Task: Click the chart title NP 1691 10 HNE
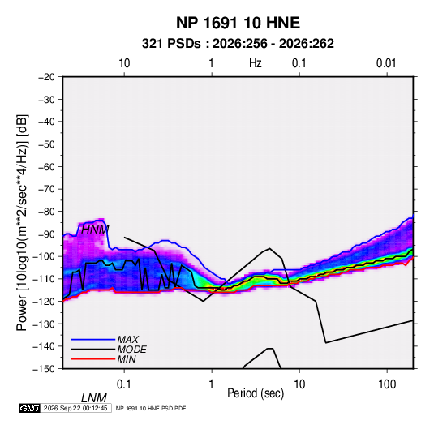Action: pyautogui.click(x=238, y=23)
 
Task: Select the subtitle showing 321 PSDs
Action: pyautogui.click(x=238, y=44)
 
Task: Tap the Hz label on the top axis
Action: pyautogui.click(x=256, y=63)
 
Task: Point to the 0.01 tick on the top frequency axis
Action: pyautogui.click(x=386, y=63)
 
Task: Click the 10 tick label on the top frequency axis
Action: pyautogui.click(x=124, y=63)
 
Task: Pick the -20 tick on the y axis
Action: pyautogui.click(x=46, y=77)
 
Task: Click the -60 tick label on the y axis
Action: pyautogui.click(x=46, y=166)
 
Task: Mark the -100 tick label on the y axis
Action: pyautogui.click(x=44, y=256)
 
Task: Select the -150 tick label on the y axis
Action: pyautogui.click(x=44, y=369)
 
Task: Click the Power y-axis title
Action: pyautogui.click(x=22, y=223)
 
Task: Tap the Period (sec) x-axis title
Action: pyautogui.click(x=256, y=393)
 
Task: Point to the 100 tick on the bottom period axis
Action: pyautogui.click(x=387, y=384)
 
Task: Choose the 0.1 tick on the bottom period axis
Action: pyautogui.click(x=124, y=384)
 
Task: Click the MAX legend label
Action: pyautogui.click(x=128, y=340)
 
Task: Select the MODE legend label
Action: pyautogui.click(x=131, y=350)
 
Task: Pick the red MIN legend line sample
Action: pyautogui.click(x=93, y=359)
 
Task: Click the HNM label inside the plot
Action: pyautogui.click(x=95, y=230)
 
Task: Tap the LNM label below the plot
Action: pyautogui.click(x=93, y=398)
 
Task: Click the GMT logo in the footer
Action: pyautogui.click(x=29, y=408)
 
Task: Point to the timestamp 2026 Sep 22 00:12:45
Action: pyautogui.click(x=75, y=408)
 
